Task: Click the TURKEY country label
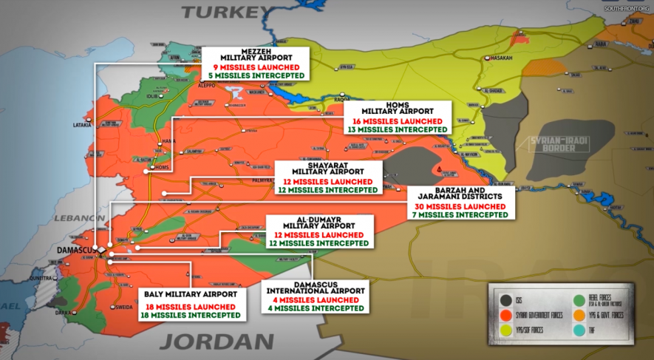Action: pyautogui.click(x=225, y=12)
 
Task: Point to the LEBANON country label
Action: pyautogui.click(x=78, y=218)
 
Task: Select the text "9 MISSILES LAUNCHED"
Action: pyautogui.click(x=254, y=67)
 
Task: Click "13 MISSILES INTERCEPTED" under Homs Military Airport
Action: pyautogui.click(x=398, y=129)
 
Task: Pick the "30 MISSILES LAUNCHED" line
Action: pyautogui.click(x=460, y=206)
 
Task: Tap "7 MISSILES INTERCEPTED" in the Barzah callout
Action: pyautogui.click(x=460, y=215)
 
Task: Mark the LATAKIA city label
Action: pyautogui.click(x=82, y=125)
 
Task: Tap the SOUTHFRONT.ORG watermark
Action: pyautogui.click(x=626, y=7)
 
